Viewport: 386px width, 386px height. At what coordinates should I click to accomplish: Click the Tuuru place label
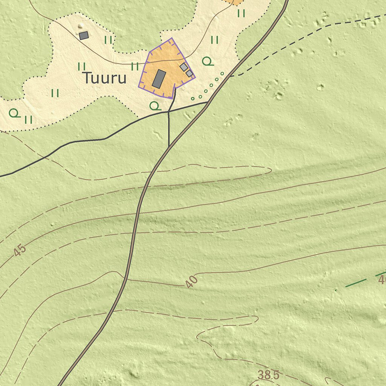click(x=104, y=78)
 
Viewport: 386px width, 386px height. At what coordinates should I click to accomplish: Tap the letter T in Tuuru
click(x=87, y=78)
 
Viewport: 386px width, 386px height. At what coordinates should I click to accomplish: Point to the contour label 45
click(x=20, y=251)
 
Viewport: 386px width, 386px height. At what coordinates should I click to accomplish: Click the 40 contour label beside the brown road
click(x=191, y=282)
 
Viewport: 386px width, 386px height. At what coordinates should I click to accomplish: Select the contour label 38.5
click(x=268, y=375)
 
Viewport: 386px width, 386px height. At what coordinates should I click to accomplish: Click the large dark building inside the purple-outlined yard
click(x=159, y=79)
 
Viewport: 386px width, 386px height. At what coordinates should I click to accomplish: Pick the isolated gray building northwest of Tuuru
click(x=84, y=35)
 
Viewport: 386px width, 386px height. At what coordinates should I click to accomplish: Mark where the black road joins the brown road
click(x=207, y=102)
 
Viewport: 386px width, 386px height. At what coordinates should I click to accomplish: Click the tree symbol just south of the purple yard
click(x=155, y=106)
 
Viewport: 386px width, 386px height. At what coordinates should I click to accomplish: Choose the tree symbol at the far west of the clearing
click(x=14, y=113)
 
